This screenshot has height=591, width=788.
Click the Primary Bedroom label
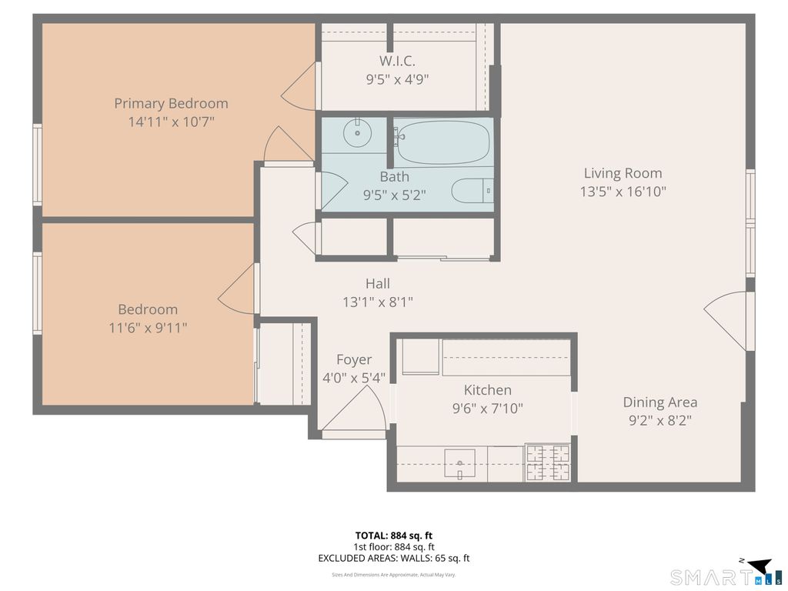point(171,104)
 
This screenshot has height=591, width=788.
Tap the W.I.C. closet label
point(397,62)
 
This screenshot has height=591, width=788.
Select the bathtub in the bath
point(442,142)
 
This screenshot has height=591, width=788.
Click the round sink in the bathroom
point(357,132)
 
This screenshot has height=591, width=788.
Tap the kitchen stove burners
point(548,462)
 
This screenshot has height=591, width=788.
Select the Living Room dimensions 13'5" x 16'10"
point(623,192)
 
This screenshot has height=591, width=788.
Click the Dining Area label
point(659,402)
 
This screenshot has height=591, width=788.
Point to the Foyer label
point(354,360)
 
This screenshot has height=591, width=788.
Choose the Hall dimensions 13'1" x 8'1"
point(378,302)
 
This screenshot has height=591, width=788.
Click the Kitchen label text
point(487,390)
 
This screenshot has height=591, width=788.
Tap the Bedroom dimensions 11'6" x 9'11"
point(148,328)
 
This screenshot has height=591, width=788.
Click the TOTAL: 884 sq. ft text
point(394,536)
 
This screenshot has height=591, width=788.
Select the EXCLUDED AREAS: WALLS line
point(394,558)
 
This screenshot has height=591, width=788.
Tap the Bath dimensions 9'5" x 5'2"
point(395,195)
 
